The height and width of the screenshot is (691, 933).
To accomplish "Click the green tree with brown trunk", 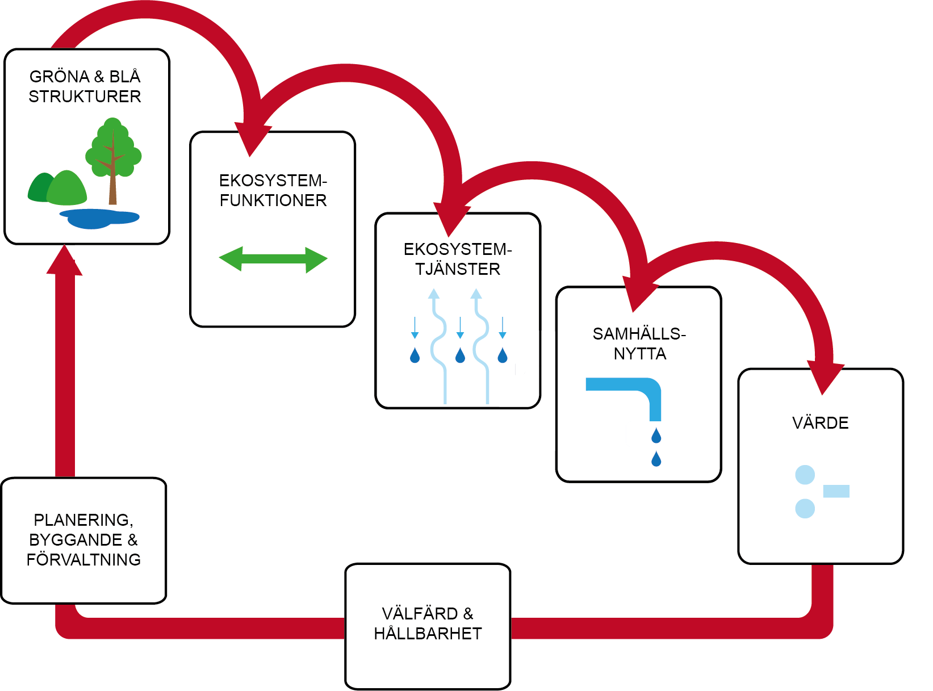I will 113,153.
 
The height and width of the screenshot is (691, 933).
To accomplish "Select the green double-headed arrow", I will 273,259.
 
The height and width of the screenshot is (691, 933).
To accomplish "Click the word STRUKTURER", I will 85,97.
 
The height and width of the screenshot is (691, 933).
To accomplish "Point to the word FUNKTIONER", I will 273,200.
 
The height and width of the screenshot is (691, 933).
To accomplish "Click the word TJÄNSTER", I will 458,269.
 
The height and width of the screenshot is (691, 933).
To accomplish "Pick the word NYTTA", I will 640,354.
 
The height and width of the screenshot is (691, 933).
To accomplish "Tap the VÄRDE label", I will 820,423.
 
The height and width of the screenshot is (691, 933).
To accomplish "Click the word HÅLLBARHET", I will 428,634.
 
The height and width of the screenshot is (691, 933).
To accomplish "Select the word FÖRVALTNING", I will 83,560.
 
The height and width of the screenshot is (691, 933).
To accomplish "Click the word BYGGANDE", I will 76,540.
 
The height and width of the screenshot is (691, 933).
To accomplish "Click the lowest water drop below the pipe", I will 656,459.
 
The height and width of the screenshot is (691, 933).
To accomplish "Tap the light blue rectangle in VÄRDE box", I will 836,491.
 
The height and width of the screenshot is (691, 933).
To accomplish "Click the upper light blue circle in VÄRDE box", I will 805,475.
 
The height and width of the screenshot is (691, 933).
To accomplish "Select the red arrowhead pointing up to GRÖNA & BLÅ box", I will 65,261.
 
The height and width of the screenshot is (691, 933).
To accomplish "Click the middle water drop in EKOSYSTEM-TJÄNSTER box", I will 460,356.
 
